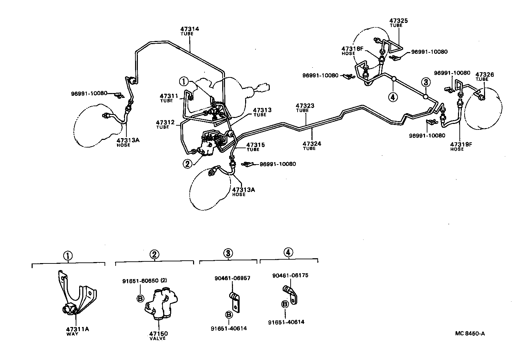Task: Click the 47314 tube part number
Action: click(190, 29)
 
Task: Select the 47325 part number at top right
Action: click(398, 21)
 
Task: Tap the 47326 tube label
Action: click(484, 75)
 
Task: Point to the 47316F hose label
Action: click(352, 49)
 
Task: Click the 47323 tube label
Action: click(305, 106)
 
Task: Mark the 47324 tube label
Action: click(311, 143)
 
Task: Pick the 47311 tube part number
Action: click(169, 96)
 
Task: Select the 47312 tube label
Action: click(165, 123)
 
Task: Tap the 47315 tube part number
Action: click(256, 145)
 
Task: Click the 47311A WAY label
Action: click(77, 329)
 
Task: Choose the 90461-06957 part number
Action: click(233, 278)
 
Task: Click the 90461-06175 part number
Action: click(290, 276)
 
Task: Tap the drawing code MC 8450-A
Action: click(470, 334)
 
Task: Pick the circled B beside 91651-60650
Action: click(140, 298)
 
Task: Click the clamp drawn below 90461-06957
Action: click(235, 301)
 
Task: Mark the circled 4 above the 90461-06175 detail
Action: click(288, 253)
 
